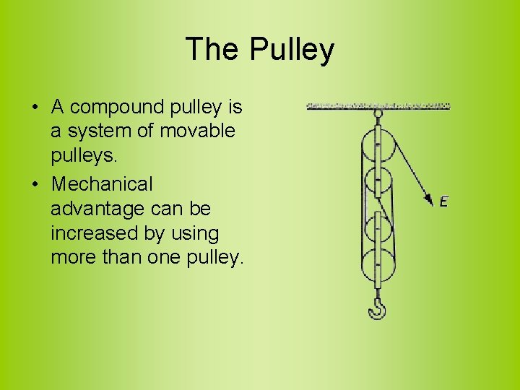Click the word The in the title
(214, 49)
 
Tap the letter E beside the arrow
(443, 201)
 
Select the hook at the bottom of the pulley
(377, 309)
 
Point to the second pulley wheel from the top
(377, 181)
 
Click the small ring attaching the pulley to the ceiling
(377, 113)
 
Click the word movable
(199, 131)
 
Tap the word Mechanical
(102, 184)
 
